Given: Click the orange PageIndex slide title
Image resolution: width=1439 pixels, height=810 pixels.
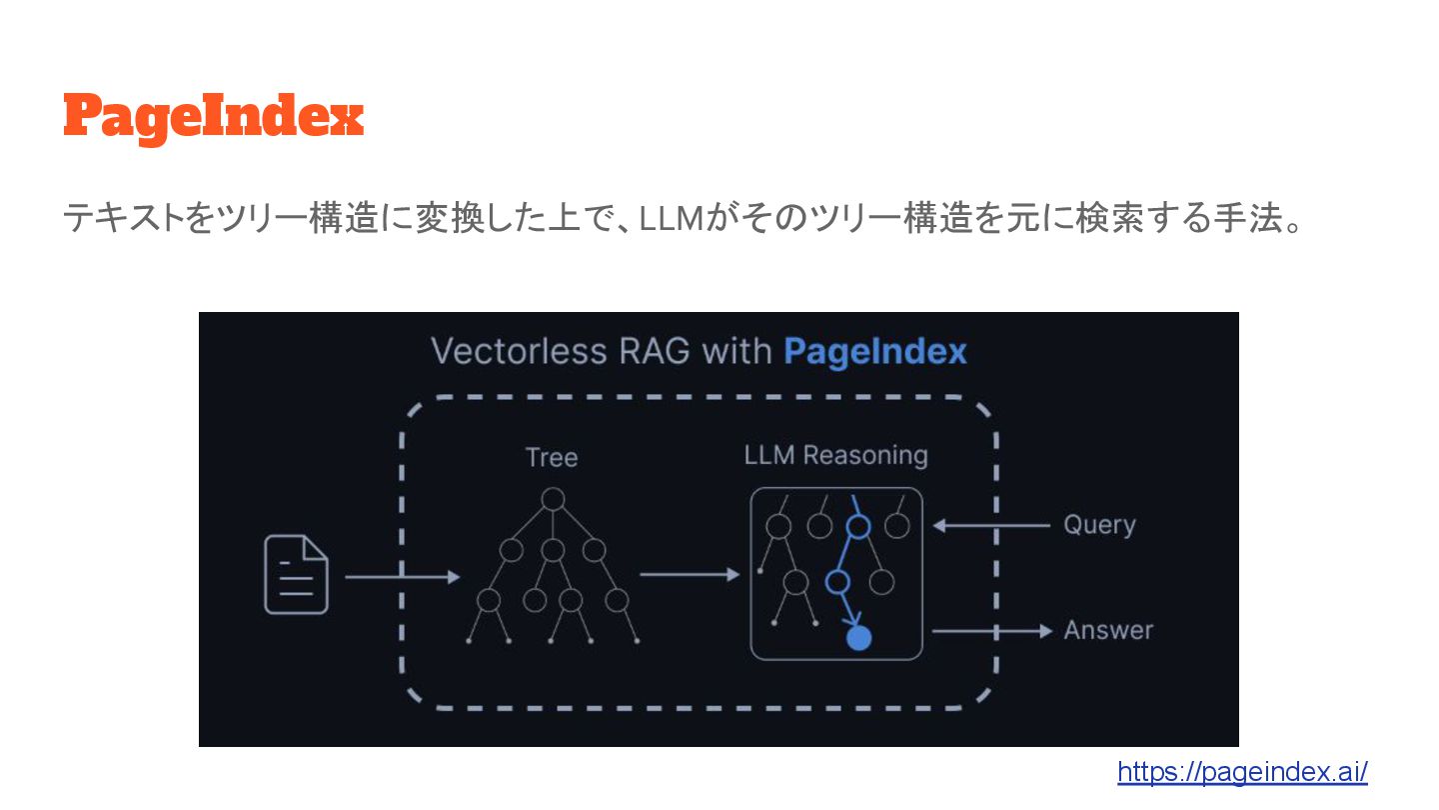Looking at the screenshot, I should pos(213,118).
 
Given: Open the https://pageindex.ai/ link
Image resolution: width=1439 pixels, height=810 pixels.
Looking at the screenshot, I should pos(1242,771).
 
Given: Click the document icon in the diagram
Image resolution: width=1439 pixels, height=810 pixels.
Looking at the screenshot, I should pos(296,575).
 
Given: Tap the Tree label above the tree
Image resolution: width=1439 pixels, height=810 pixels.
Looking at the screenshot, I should pos(552,457).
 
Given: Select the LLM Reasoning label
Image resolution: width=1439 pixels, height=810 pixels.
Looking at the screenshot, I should pos(835,455).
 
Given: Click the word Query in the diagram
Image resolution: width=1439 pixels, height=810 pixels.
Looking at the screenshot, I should pos(1099,525).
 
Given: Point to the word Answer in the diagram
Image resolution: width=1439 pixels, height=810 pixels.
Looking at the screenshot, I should pos(1108,630).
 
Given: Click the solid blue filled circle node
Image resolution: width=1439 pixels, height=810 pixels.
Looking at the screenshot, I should pos(858,637).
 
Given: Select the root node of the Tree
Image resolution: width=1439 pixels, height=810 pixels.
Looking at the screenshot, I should pos(553,498).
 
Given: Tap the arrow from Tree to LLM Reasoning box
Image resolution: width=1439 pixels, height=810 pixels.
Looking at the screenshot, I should pos(690,575).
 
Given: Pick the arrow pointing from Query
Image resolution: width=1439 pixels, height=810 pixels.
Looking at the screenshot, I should pos(990,525).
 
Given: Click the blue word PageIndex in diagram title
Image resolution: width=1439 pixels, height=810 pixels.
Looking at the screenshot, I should pos(875,351).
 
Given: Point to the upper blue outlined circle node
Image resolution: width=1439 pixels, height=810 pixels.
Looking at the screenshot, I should pos(857,526).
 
